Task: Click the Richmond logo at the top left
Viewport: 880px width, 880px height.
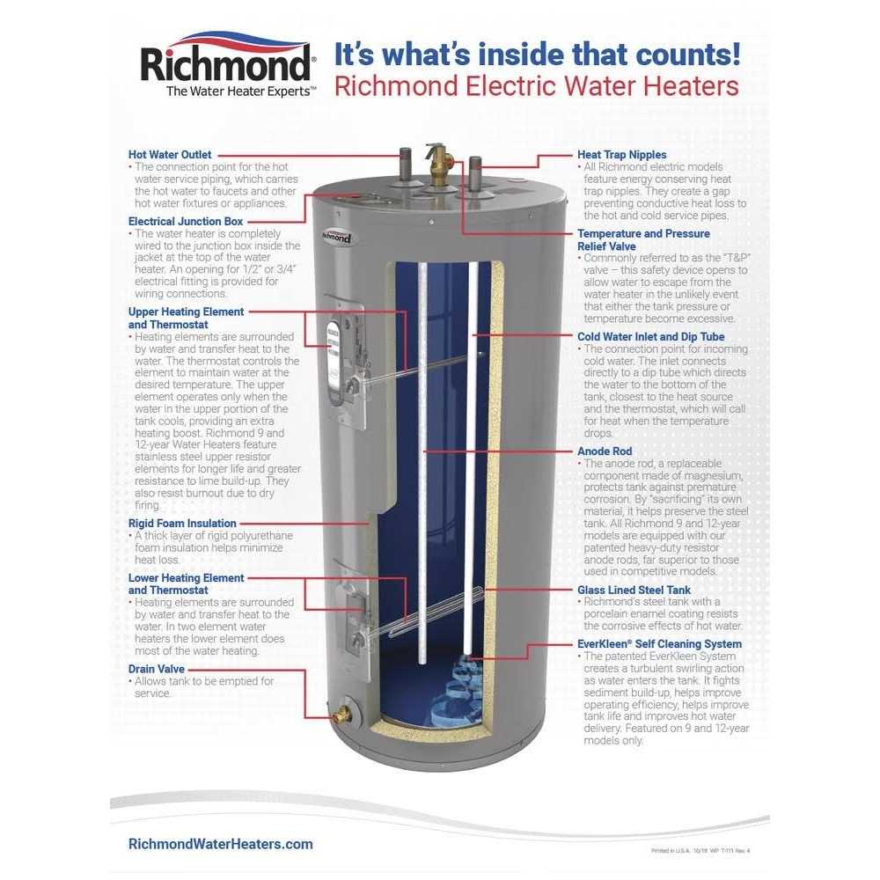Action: point(227,63)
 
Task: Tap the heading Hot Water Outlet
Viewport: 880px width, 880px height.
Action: point(170,155)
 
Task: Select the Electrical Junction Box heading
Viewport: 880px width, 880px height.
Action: point(186,222)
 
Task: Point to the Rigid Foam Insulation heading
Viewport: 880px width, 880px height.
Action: point(182,524)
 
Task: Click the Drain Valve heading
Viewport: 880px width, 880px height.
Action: point(157,669)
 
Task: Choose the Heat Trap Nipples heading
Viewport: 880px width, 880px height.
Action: point(621,155)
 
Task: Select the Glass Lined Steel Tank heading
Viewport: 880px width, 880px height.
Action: point(634,590)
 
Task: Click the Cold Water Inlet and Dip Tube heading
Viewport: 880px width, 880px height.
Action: point(650,336)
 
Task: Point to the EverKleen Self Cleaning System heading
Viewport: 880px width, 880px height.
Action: point(659,644)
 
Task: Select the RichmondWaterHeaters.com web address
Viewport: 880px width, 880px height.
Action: point(220,844)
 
